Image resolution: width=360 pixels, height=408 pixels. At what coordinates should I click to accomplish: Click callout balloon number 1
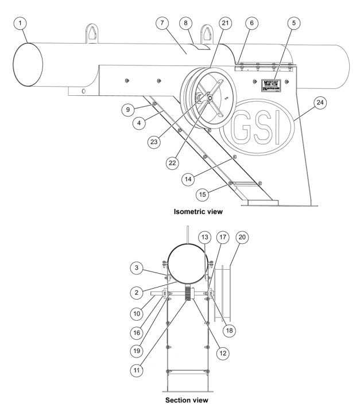coord(21,24)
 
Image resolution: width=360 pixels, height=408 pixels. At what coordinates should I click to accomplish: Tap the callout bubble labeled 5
coord(294,24)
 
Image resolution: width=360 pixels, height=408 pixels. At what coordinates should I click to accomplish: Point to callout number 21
coord(225,24)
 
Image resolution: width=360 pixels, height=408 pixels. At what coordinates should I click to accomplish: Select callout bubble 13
coord(204,236)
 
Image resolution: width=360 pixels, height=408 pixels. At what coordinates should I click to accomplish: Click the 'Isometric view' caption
coord(198,211)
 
